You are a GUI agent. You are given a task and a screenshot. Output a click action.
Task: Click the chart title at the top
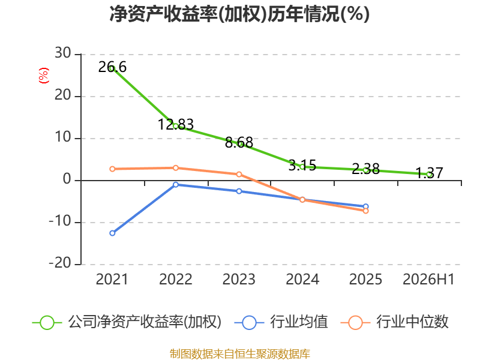tap(239, 14)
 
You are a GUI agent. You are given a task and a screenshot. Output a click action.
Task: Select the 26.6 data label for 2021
tap(112, 67)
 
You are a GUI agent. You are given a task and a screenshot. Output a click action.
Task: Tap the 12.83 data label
tap(176, 125)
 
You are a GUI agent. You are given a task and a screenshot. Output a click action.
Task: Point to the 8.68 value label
tap(239, 143)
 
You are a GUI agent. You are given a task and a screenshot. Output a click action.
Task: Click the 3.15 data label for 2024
tap(302, 166)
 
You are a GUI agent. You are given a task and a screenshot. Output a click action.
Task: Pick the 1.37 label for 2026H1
tap(429, 173)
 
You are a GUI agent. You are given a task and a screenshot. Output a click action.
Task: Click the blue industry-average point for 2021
tap(112, 233)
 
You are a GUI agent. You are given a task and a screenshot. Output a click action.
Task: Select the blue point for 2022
tap(176, 185)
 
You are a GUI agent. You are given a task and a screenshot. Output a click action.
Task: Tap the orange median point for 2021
tap(112, 169)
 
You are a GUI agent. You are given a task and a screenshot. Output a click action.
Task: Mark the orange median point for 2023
tap(239, 175)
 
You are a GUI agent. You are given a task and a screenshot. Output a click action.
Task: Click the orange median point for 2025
tap(366, 211)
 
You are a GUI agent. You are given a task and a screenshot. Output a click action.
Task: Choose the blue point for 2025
tap(366, 206)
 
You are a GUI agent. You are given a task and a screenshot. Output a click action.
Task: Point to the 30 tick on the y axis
tap(63, 53)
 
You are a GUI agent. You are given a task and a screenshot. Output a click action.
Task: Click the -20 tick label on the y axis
tap(61, 263)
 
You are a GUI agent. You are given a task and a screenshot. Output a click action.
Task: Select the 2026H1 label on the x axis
tap(428, 280)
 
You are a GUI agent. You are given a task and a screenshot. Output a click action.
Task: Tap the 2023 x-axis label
tap(239, 280)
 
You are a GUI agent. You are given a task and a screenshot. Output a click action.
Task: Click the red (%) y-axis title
tap(43, 76)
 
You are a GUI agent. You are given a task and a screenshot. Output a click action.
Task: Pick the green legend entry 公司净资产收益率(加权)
tap(127, 322)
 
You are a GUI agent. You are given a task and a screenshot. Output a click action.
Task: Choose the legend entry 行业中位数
tap(395, 322)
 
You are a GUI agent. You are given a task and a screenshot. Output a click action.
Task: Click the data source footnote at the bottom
tap(240, 354)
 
